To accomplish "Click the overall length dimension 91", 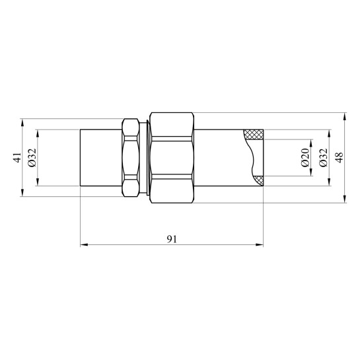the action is tap(172, 239).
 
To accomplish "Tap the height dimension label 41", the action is tap(18, 157).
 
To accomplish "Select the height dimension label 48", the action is tap(340, 157).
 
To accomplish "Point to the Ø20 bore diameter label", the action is tap(305, 157).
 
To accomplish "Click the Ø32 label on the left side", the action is tap(32, 157).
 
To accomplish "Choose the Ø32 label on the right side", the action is tap(323, 157).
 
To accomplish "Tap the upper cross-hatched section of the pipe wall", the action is tap(254, 135).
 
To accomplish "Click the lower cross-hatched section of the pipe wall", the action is tap(259, 180).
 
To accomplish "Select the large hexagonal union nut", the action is tap(172, 158).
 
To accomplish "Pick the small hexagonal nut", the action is tap(131, 158).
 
